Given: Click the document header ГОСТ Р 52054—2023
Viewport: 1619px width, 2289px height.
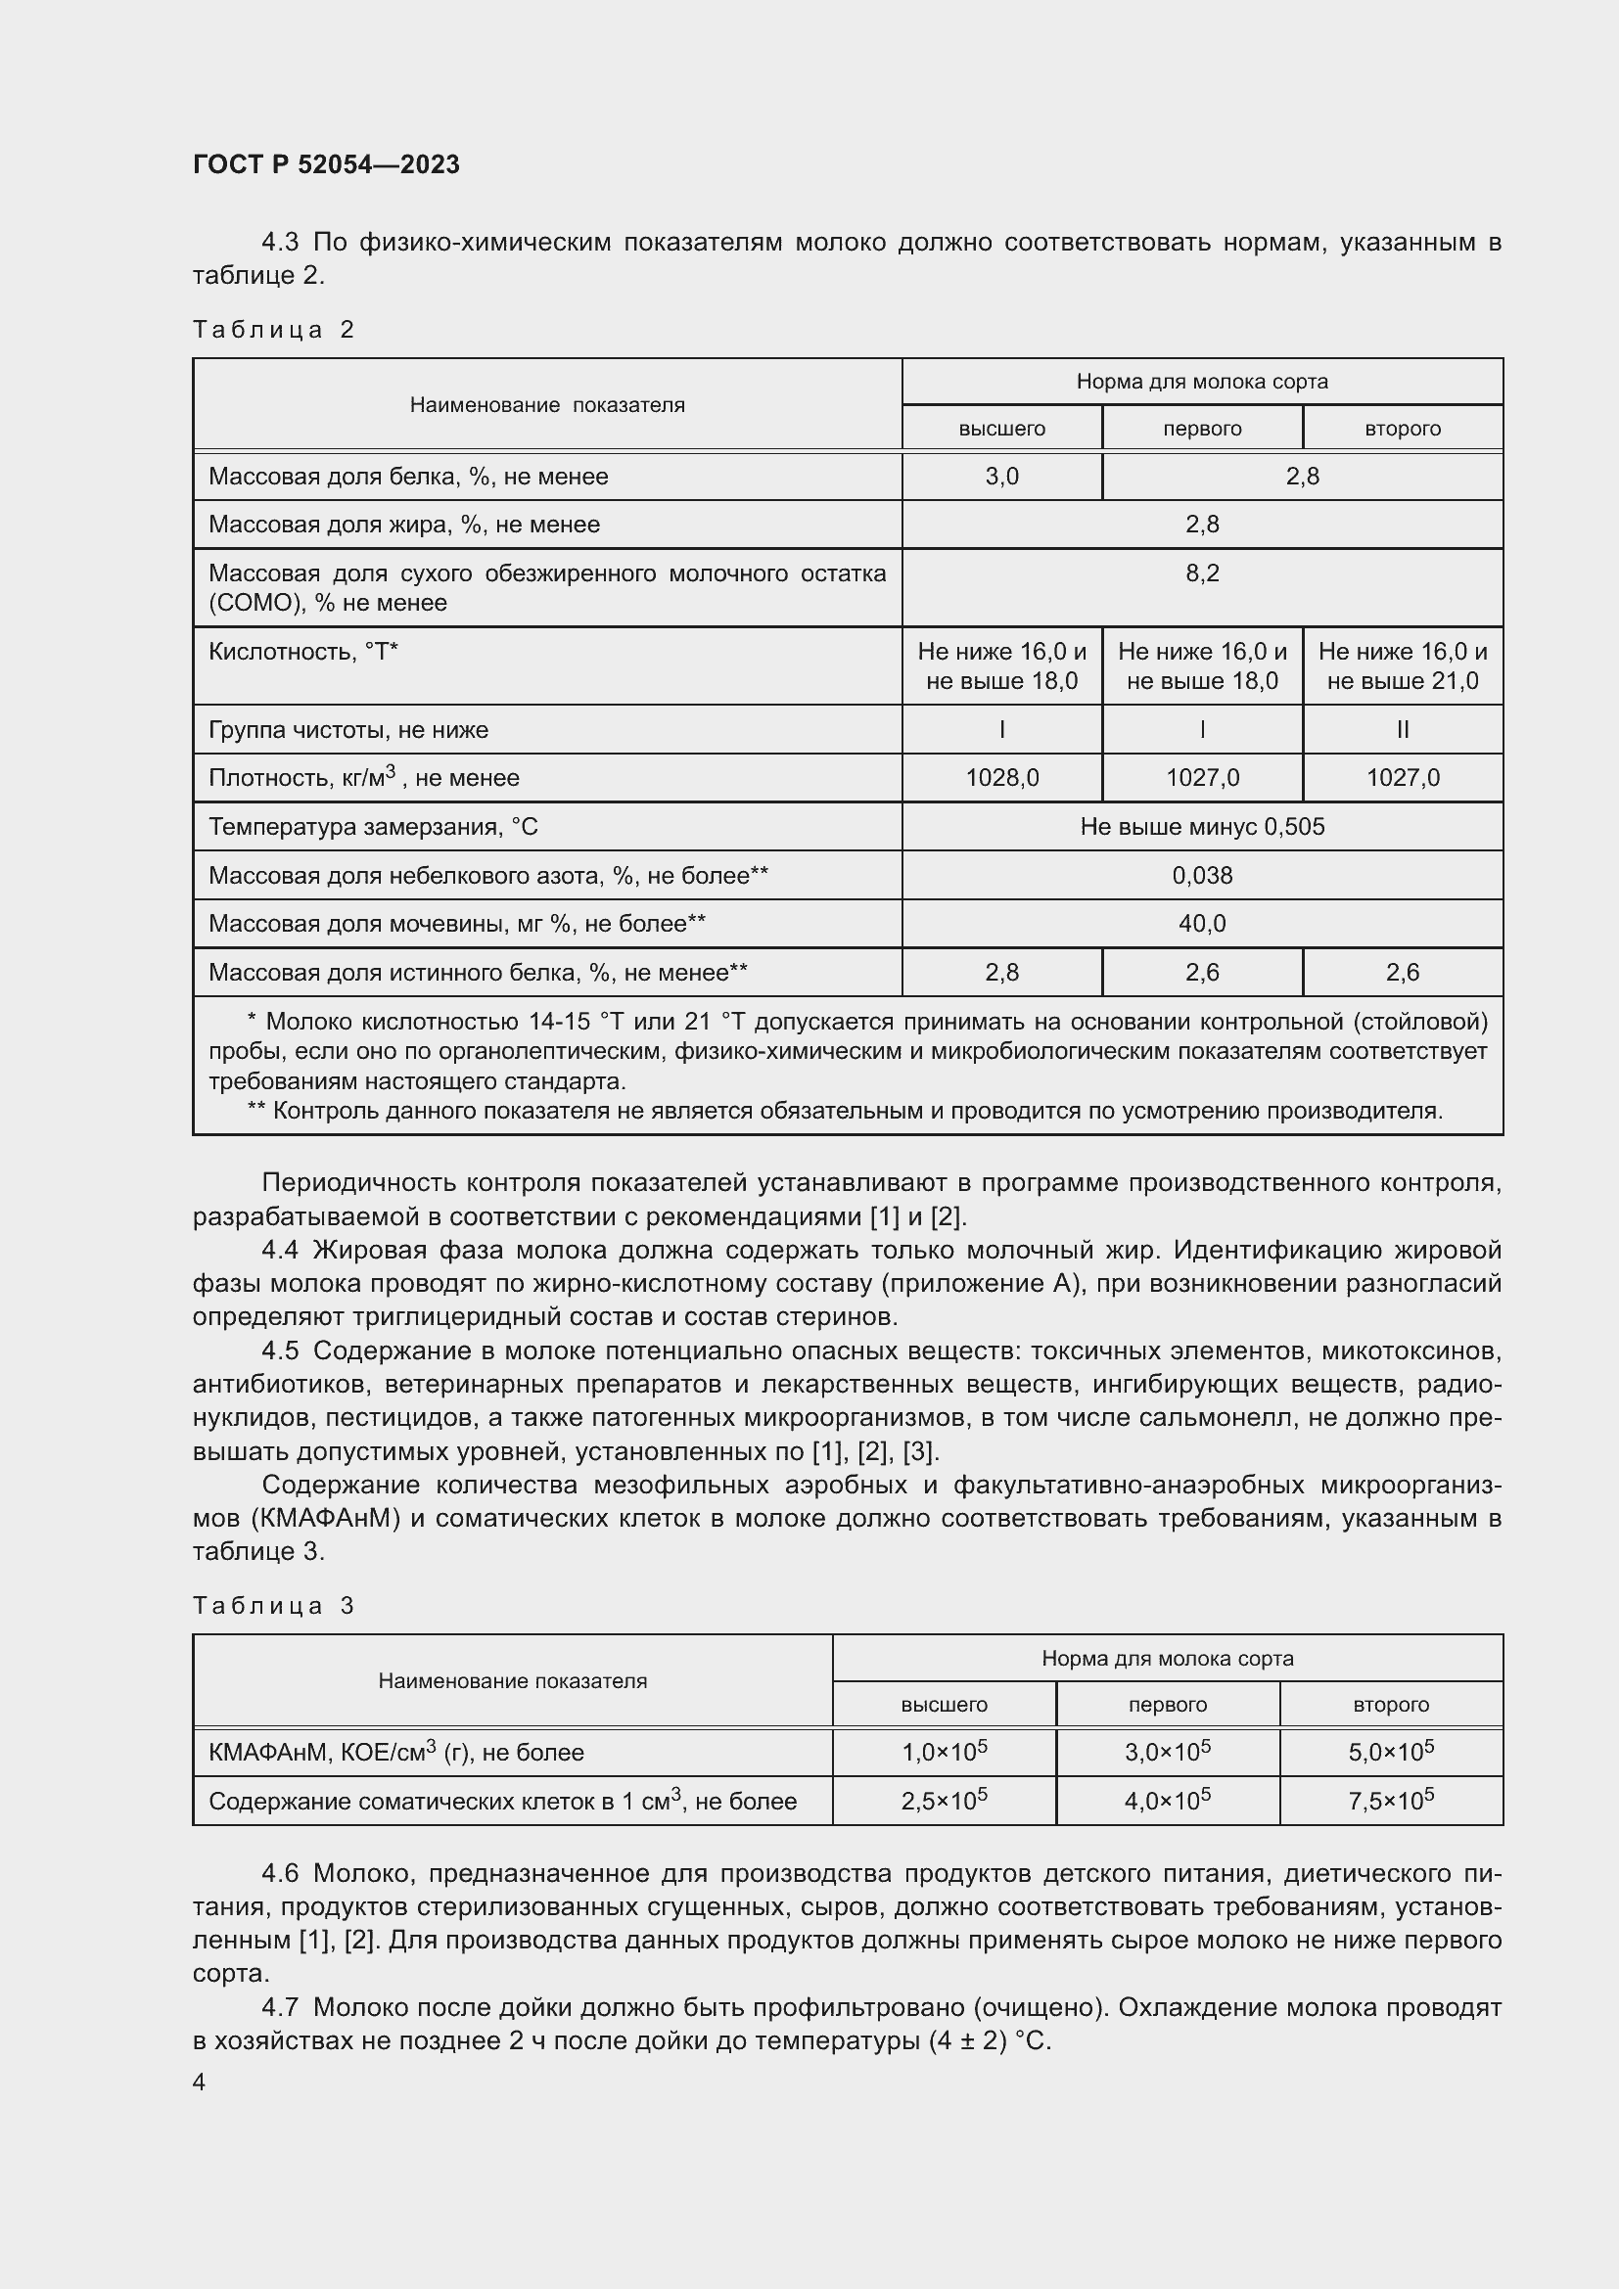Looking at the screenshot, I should tap(326, 164).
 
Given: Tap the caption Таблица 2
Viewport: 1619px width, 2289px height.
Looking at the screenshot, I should tap(273, 330).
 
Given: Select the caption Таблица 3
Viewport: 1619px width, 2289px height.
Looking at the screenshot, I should tap(273, 1605).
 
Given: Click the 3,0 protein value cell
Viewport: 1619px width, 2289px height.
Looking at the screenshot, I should tap(1002, 477).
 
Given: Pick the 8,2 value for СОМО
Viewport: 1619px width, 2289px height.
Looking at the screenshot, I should tap(1202, 573).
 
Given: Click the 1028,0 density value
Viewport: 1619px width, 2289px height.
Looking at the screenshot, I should tap(1002, 778).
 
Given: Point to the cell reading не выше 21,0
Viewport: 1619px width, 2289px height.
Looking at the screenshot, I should tap(1403, 681).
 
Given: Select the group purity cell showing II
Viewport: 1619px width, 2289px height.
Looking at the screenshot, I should tap(1403, 730).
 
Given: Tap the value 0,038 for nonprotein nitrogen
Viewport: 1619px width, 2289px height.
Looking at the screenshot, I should tap(1202, 875).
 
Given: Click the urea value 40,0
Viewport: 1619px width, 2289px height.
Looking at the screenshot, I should tap(1202, 924).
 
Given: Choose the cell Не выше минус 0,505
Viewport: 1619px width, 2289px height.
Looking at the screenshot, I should tap(1202, 827).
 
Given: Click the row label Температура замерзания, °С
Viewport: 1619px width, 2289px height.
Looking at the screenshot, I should tap(373, 827).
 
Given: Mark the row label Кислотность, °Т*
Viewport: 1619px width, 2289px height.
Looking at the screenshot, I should tap(303, 652).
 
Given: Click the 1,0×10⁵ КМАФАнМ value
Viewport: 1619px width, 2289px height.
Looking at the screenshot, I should tap(944, 1753).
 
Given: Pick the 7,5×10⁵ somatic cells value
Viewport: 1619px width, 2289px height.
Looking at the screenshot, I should tap(1391, 1802).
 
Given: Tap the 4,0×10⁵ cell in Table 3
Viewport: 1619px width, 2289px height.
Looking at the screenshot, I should tap(1168, 1802).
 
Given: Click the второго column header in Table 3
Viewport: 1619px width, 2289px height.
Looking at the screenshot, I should tap(1391, 1705).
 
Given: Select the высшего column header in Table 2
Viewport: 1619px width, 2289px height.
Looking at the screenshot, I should tap(1002, 429).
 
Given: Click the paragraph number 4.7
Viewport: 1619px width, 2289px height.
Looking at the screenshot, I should tap(280, 2007).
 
